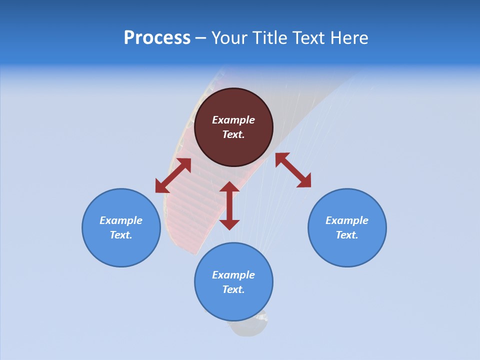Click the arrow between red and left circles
pos(173,175)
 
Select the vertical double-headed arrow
pos(229,205)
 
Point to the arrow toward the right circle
pos(293,170)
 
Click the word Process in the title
pos(157,37)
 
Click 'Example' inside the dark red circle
pos(233,120)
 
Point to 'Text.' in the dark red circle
pos(233,134)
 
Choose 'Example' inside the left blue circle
pos(121,220)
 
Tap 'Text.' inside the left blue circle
pos(121,235)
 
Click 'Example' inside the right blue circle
pos(347,220)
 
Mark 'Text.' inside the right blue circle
pos(347,235)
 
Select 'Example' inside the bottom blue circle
pos(233,275)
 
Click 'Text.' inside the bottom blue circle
pos(233,289)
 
